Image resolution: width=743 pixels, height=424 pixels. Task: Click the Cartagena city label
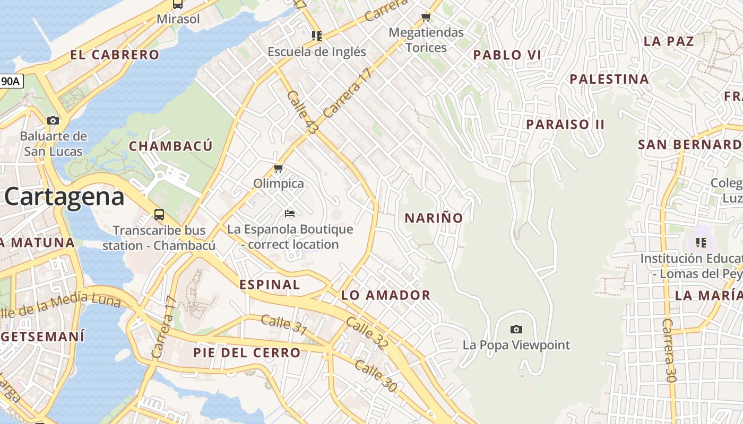click(x=64, y=197)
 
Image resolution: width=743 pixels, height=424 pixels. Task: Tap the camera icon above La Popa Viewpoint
click(x=516, y=329)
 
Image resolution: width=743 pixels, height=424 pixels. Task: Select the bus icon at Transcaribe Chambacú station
click(x=159, y=215)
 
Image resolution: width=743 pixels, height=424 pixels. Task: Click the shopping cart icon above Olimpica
click(x=278, y=169)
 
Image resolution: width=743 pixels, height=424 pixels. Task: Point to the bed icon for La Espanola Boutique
click(x=290, y=213)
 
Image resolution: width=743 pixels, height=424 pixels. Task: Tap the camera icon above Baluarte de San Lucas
click(x=53, y=120)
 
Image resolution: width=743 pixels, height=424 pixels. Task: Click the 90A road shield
click(x=11, y=81)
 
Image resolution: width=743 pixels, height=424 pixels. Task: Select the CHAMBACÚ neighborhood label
click(x=171, y=146)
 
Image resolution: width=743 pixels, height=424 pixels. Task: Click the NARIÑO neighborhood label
click(x=434, y=218)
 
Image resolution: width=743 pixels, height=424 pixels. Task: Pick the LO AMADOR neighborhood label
click(x=386, y=295)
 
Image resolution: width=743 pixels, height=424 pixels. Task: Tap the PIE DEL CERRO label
click(x=247, y=352)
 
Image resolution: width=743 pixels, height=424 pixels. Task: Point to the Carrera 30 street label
click(x=669, y=350)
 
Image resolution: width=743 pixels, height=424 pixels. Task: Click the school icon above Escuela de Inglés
click(x=317, y=36)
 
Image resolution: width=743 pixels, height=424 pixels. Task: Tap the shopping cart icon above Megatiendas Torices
click(x=426, y=17)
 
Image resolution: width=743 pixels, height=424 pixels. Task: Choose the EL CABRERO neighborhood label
click(x=115, y=55)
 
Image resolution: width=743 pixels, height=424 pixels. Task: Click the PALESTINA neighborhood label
click(x=609, y=79)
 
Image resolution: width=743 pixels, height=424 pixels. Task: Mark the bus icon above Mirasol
click(x=178, y=4)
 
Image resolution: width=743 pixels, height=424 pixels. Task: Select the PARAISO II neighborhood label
click(x=565, y=125)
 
